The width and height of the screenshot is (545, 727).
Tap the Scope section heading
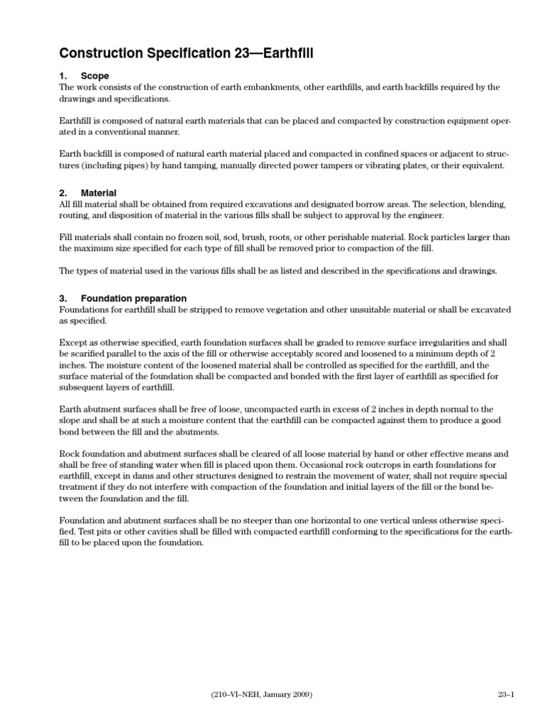click(94, 76)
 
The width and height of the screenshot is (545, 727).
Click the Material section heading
click(99, 193)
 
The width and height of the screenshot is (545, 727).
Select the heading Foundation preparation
click(133, 298)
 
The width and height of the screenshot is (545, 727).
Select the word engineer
click(419, 214)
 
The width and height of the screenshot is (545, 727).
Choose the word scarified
click(87, 354)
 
